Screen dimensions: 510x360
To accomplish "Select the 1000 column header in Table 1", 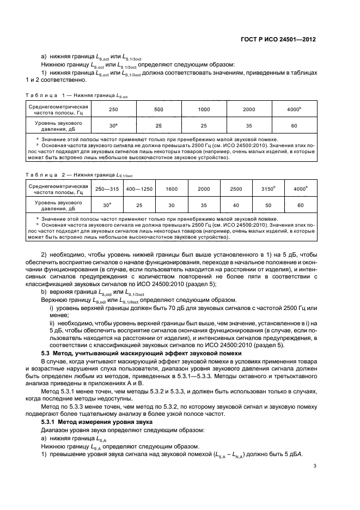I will (x=204, y=110).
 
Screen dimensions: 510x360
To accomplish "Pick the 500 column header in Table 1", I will (x=158, y=110).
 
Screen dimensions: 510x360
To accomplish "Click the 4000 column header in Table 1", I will (x=293, y=110).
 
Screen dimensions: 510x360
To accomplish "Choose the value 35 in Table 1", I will (x=249, y=126).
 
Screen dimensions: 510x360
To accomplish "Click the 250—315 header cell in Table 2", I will (x=107, y=189).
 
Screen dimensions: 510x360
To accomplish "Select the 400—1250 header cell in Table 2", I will (x=139, y=189).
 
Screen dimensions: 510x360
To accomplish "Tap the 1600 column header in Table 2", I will (x=172, y=189).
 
